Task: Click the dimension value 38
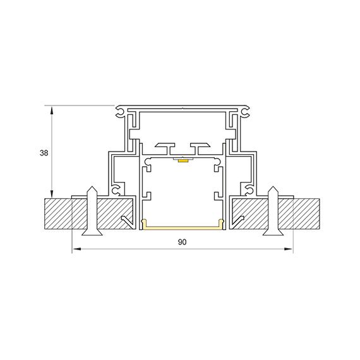click(x=44, y=153)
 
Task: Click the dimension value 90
click(x=182, y=242)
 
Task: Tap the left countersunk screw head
click(x=92, y=232)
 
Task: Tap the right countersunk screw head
click(x=273, y=232)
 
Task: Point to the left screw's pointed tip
click(x=92, y=186)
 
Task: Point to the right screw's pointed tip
click(x=273, y=186)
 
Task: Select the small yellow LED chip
click(x=183, y=160)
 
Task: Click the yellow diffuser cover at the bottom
click(x=183, y=227)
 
